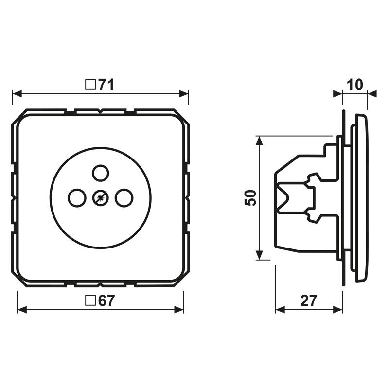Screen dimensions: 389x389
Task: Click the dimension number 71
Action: tap(106, 85)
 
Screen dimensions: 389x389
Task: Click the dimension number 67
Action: tap(106, 301)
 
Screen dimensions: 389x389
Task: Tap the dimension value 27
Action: tap(308, 301)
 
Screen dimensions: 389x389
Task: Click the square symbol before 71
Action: tap(90, 85)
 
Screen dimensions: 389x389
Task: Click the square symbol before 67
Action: tap(90, 301)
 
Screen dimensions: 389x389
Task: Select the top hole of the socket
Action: tap(100, 172)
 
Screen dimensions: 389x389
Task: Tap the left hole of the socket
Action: tap(76, 197)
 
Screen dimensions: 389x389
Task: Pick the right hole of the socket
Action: tap(124, 197)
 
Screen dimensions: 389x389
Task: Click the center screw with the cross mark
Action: tap(100, 197)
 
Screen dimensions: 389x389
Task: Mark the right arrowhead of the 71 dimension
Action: tap(184, 93)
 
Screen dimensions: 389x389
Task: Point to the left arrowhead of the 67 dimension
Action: tap(22, 309)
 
